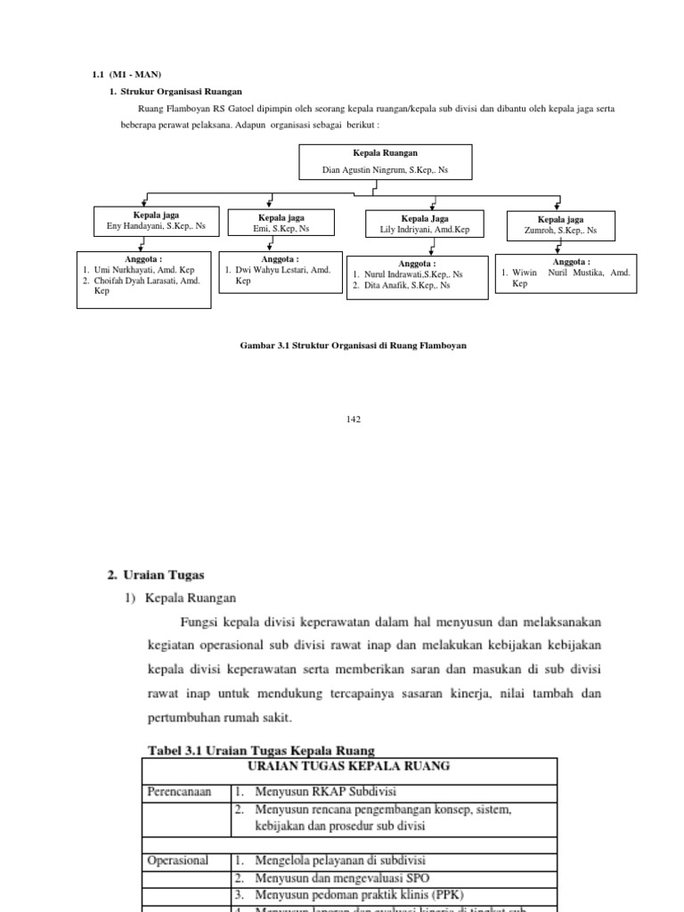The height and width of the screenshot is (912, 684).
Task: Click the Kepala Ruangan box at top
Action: coord(385,160)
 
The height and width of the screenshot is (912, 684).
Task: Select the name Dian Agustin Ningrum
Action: coord(385,168)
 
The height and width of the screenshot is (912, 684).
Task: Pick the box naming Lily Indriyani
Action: coord(424,224)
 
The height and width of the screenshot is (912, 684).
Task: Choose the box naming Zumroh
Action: coord(560,225)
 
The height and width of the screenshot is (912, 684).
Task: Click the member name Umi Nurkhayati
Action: coord(143,270)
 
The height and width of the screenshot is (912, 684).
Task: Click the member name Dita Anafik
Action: coord(406,286)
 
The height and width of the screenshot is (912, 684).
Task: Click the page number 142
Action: coord(354,419)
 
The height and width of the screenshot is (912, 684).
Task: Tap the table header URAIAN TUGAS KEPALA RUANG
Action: coord(349,766)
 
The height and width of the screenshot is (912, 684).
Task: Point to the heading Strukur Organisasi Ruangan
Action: coord(182,91)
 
